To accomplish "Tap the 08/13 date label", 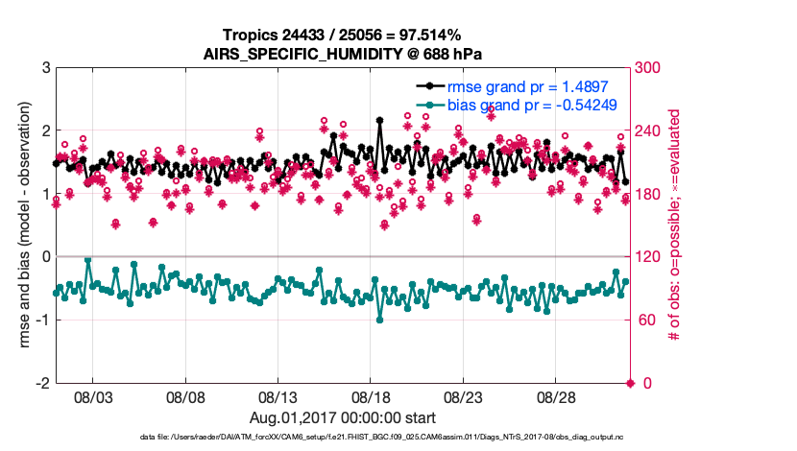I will pyautogui.click(x=278, y=396).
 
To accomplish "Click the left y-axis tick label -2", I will pyautogui.click(x=44, y=383).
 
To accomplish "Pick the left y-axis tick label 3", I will pyautogui.click(x=47, y=68).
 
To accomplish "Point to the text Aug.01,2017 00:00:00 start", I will pyautogui.click(x=343, y=417).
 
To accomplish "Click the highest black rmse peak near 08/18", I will pyautogui.click(x=380, y=121).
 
